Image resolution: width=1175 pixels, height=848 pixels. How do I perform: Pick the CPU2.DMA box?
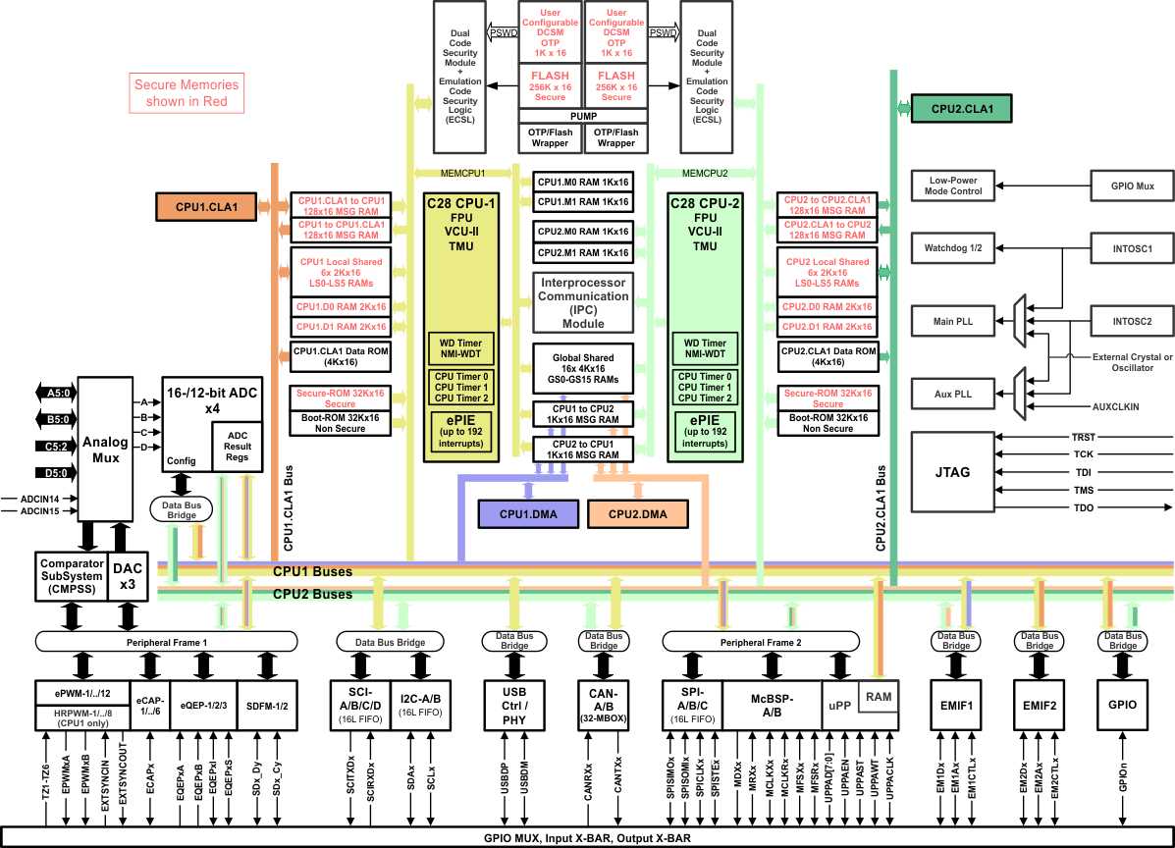[x=637, y=513]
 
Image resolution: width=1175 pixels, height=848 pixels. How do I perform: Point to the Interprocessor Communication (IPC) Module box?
[x=583, y=301]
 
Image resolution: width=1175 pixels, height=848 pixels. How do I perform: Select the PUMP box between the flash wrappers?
[x=583, y=115]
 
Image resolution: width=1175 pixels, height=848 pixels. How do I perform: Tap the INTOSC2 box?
[x=1132, y=320]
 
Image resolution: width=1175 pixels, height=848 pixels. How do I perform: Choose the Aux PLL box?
[x=952, y=393]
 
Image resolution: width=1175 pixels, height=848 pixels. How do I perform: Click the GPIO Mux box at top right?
[x=1132, y=184]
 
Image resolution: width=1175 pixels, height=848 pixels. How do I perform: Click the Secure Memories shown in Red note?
[x=187, y=93]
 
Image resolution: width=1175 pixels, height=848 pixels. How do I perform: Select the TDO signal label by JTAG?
[x=1083, y=507]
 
